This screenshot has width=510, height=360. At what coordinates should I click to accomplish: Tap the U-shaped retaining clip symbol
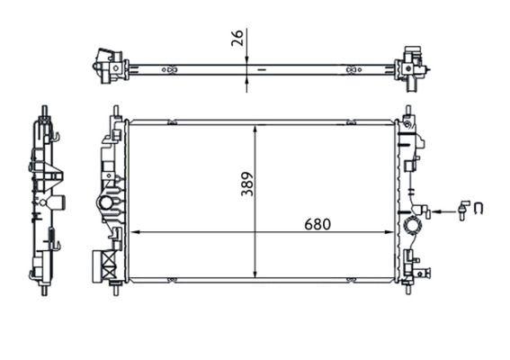click(479, 211)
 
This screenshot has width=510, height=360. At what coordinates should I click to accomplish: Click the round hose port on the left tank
click(108, 202)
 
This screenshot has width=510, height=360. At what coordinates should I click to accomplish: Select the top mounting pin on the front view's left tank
click(116, 112)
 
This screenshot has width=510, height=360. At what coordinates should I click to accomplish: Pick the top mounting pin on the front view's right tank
click(408, 112)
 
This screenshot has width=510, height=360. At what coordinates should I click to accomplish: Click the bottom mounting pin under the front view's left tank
click(116, 290)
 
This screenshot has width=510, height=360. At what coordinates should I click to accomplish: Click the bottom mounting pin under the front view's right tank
click(409, 290)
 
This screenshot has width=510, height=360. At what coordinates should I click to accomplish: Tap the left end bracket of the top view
click(110, 65)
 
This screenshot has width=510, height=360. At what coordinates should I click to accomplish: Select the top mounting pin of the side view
click(43, 112)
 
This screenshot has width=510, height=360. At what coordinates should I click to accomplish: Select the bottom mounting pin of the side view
click(43, 289)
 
